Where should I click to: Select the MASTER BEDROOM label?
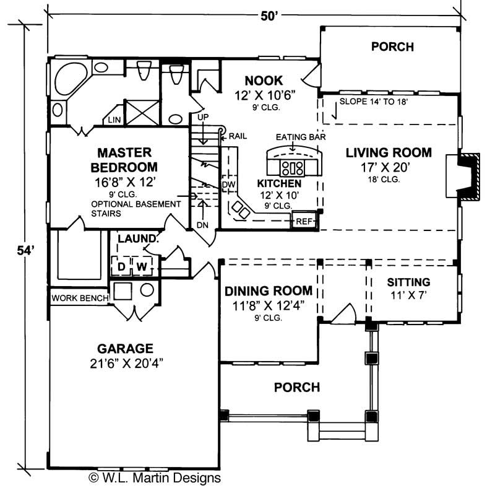tap(124, 159)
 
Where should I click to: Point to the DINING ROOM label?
tap(268, 291)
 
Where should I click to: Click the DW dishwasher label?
tap(228, 185)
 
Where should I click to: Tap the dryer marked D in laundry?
tap(122, 266)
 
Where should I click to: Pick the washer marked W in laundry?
tap(142, 266)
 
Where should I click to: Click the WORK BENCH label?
tap(80, 298)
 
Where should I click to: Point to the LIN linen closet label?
tap(114, 120)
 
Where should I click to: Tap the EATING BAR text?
tap(301, 137)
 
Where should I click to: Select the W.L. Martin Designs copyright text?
tap(155, 478)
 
